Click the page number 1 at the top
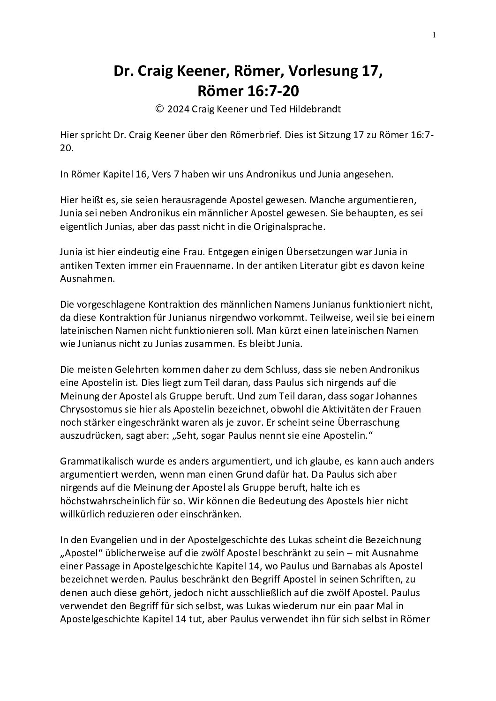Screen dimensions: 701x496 [x=434, y=34]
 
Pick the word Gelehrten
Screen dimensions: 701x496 [x=121, y=370]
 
